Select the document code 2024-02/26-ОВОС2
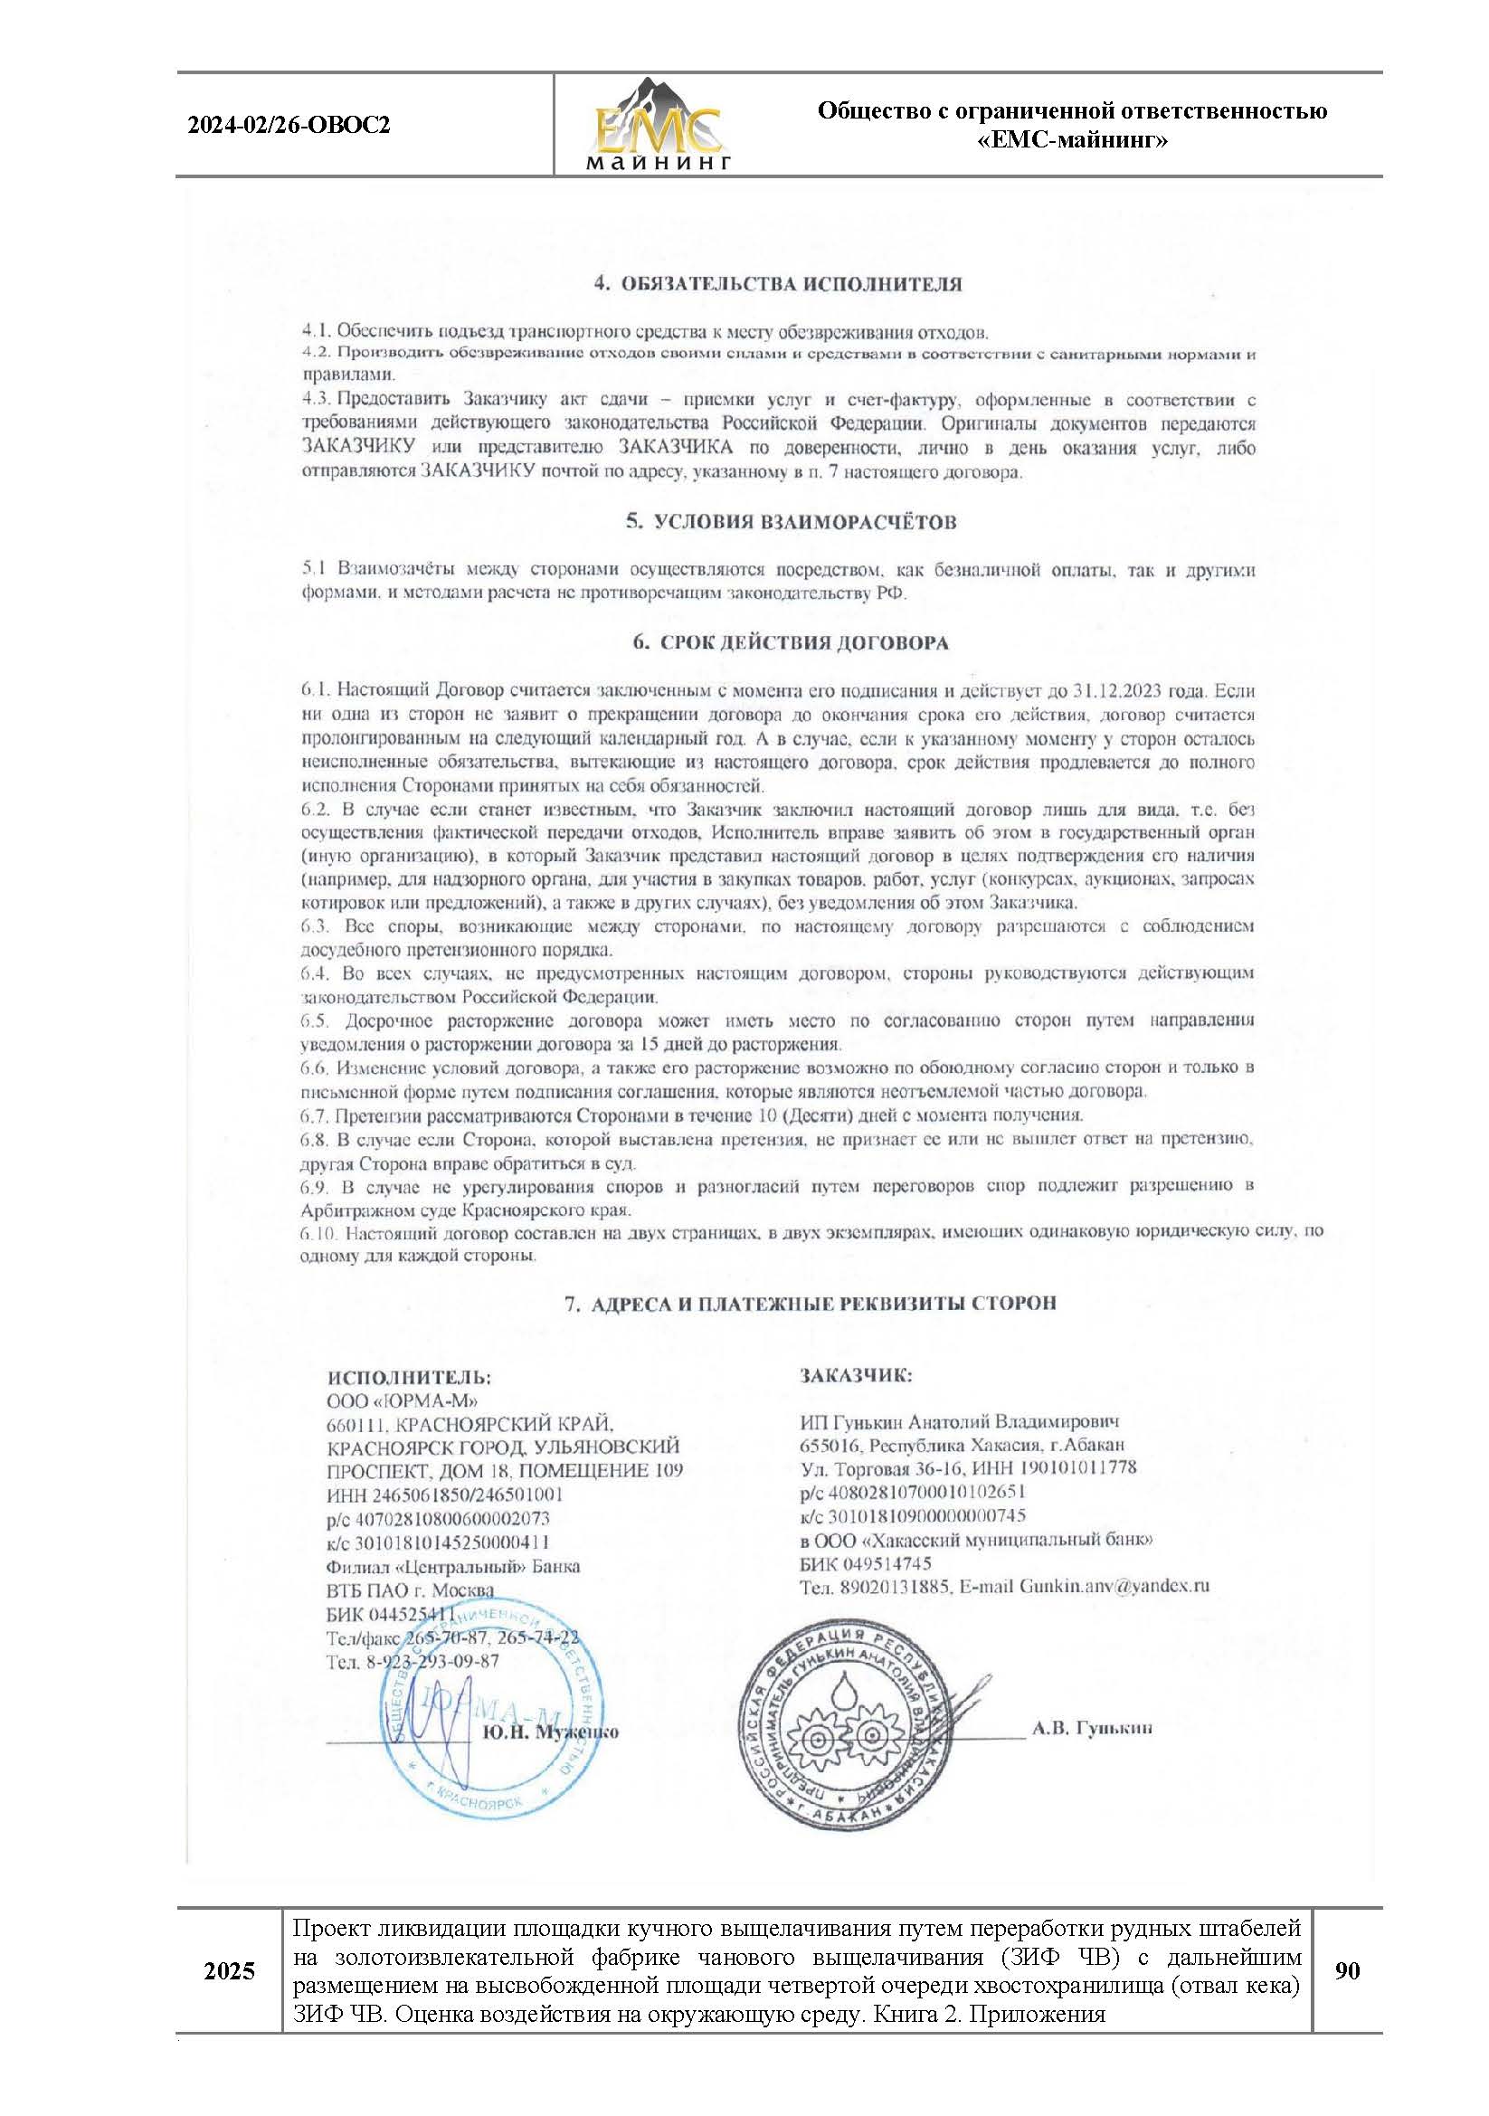point(289,125)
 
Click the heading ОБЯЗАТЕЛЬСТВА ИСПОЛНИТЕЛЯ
point(778,284)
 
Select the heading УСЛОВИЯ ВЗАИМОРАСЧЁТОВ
point(791,523)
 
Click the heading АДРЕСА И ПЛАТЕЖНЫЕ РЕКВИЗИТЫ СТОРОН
point(810,1303)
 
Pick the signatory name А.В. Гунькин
point(1092,1729)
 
